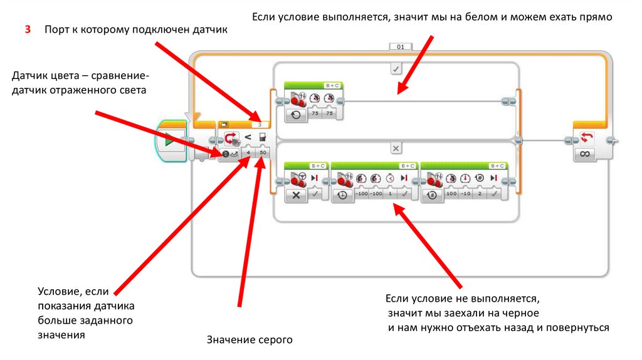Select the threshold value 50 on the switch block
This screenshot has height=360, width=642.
point(263,152)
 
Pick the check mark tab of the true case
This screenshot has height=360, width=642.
point(396,68)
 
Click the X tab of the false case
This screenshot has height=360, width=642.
point(396,149)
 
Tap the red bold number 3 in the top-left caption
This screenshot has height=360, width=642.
point(28,30)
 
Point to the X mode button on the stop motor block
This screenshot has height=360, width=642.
point(296,196)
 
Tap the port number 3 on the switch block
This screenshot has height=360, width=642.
point(260,125)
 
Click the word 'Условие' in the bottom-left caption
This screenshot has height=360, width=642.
point(57,292)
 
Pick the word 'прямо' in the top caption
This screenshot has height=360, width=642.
point(598,17)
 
